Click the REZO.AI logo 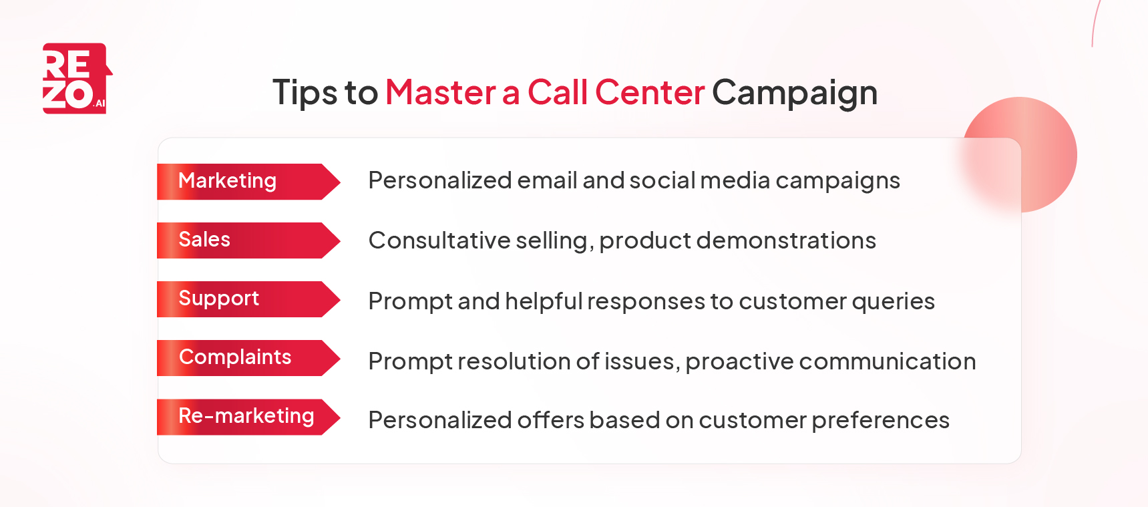[76, 79]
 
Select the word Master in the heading [440, 92]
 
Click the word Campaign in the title [794, 92]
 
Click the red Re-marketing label [246, 416]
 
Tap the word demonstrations [785, 240]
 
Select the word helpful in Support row [544, 301]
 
